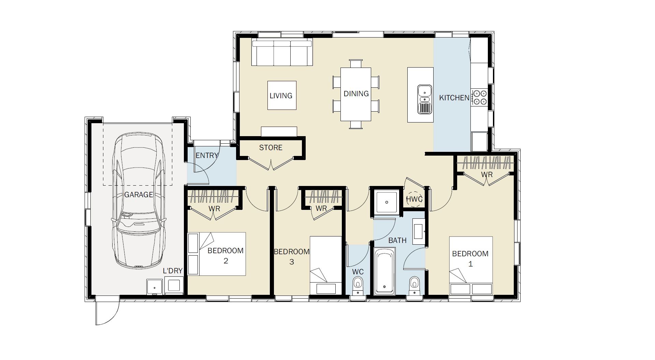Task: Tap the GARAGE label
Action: coord(139,195)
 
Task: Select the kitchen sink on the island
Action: coord(424,99)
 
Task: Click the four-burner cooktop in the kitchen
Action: coord(479,97)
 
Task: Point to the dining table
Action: coord(356,94)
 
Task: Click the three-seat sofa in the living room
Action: coord(282,53)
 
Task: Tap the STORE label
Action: coord(271,148)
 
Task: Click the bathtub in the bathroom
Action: coord(384,272)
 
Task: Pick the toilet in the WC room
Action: coord(358,285)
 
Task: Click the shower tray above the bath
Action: coord(387,203)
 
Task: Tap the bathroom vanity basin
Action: coord(419,231)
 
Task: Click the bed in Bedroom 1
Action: coord(471,265)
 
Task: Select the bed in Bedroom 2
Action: coord(217,254)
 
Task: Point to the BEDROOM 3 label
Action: coord(292,257)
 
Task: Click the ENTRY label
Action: coord(207,156)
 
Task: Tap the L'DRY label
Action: coord(173,271)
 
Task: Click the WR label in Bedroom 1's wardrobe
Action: coord(487,175)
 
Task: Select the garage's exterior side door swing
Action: coord(107,311)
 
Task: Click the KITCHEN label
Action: coord(454,98)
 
